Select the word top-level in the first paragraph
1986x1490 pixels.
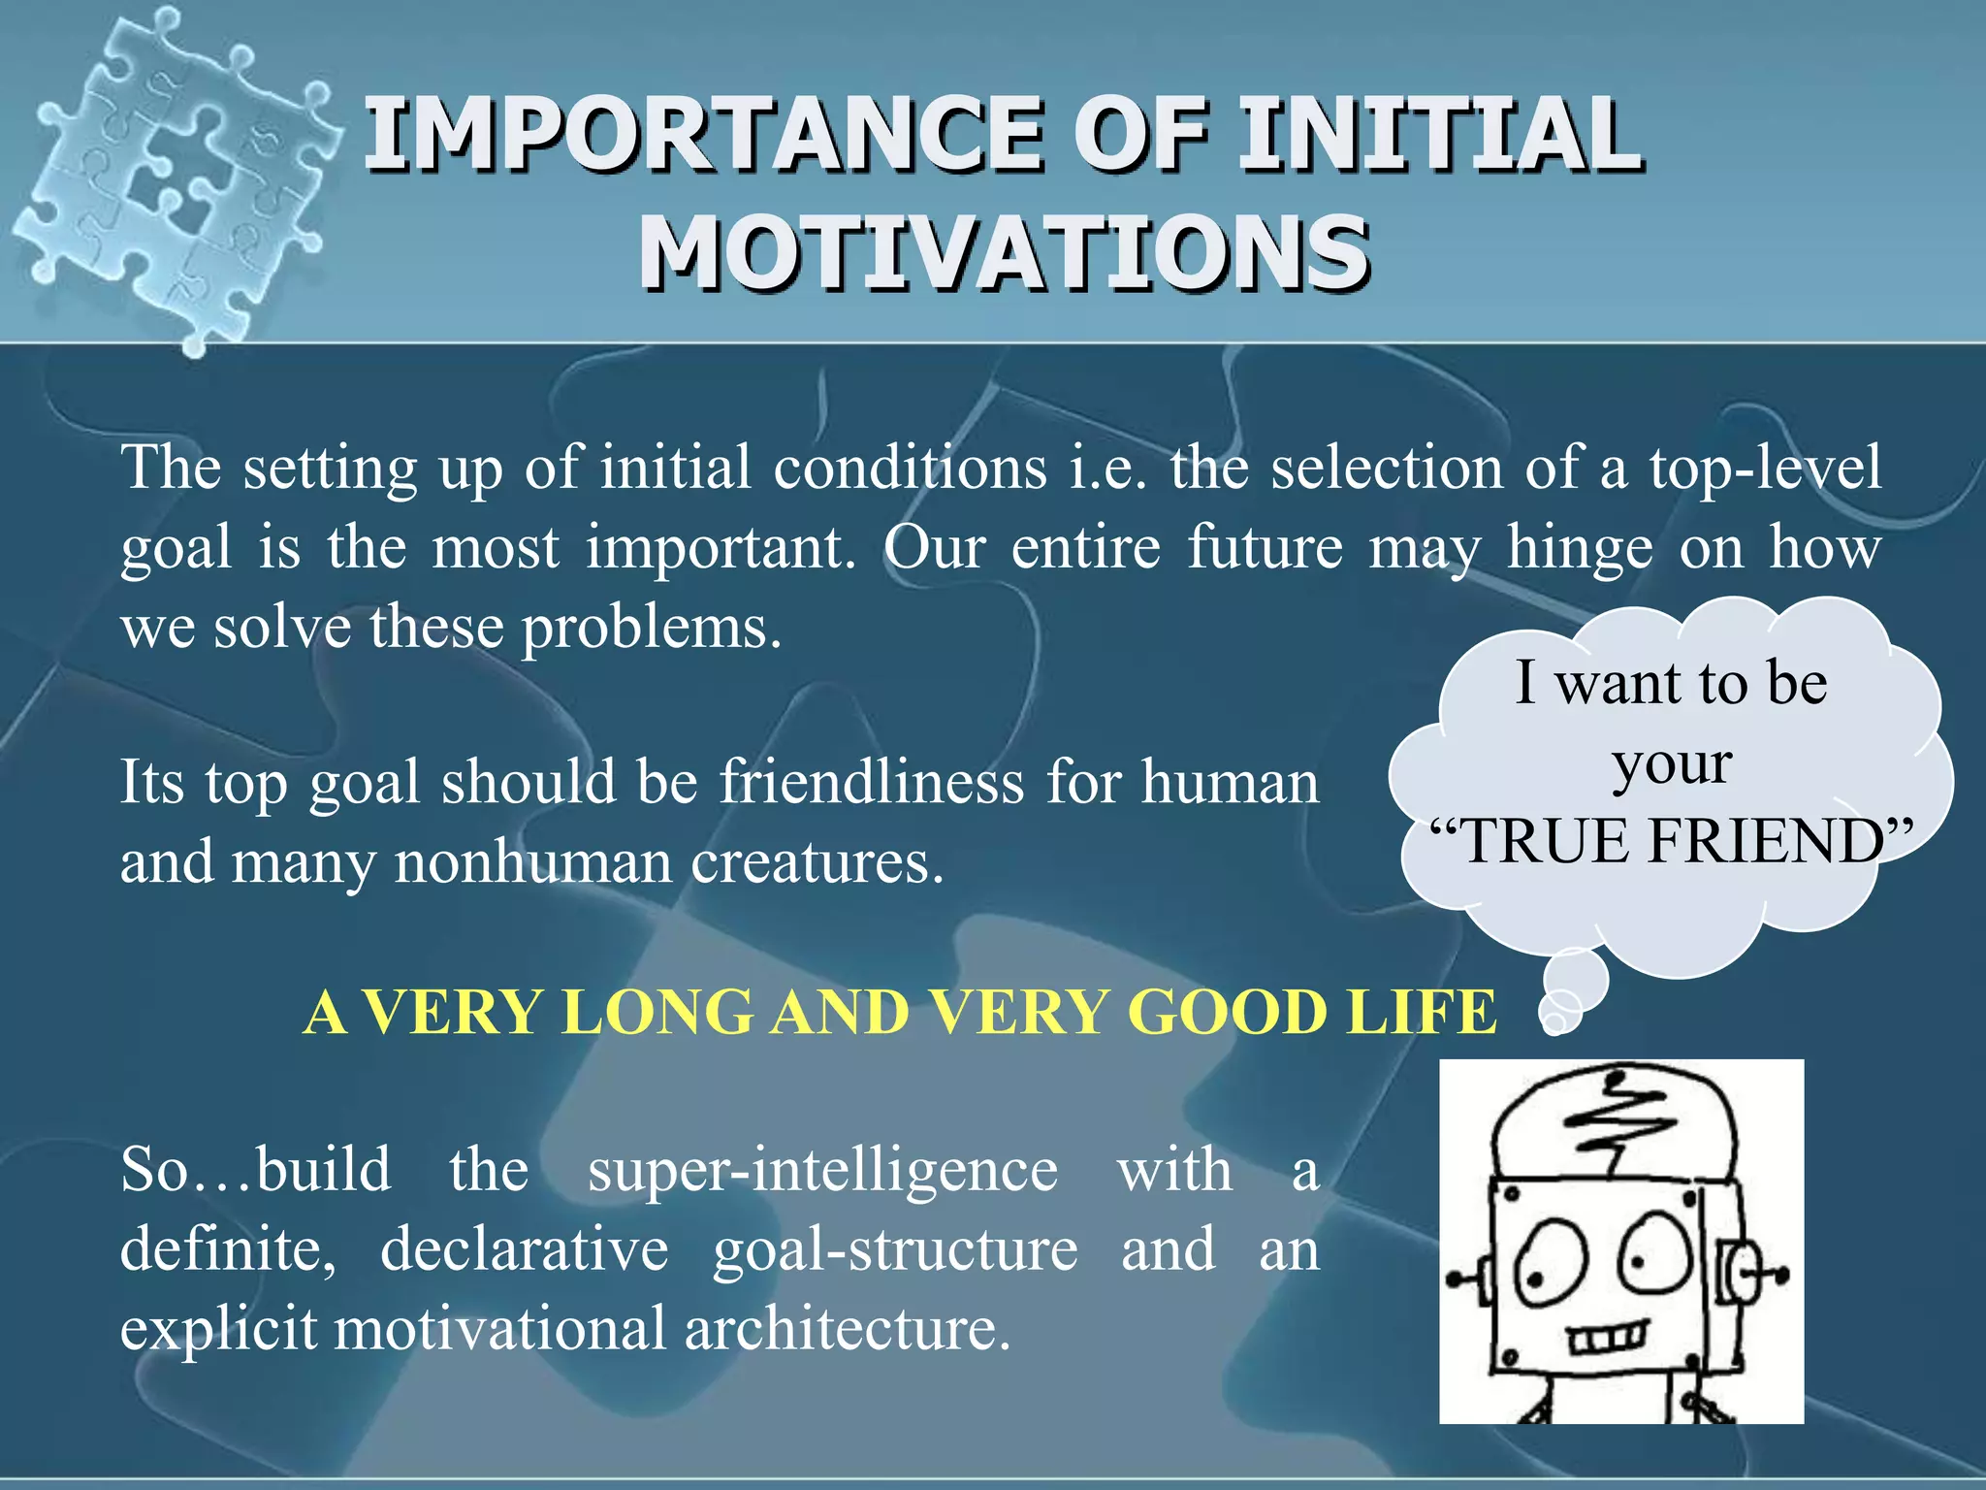(x=1765, y=468)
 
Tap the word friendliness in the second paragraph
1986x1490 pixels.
(x=871, y=782)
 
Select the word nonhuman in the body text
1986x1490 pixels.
(x=531, y=861)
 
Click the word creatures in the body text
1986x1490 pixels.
(x=816, y=861)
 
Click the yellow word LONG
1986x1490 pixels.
(x=657, y=1012)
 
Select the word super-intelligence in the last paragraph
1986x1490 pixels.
(x=822, y=1170)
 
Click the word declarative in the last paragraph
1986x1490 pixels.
(x=524, y=1249)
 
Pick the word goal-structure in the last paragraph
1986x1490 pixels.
(x=894, y=1249)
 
